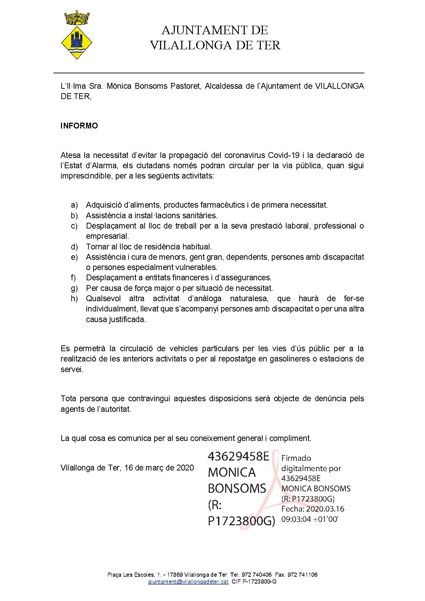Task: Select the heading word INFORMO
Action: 79,126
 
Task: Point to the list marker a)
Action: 74,205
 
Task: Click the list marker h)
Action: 74,298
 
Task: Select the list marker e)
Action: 74,257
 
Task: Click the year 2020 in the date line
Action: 185,468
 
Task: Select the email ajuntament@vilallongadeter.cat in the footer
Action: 188,582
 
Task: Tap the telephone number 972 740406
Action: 256,575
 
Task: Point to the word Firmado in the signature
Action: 296,458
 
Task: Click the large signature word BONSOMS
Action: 237,488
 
